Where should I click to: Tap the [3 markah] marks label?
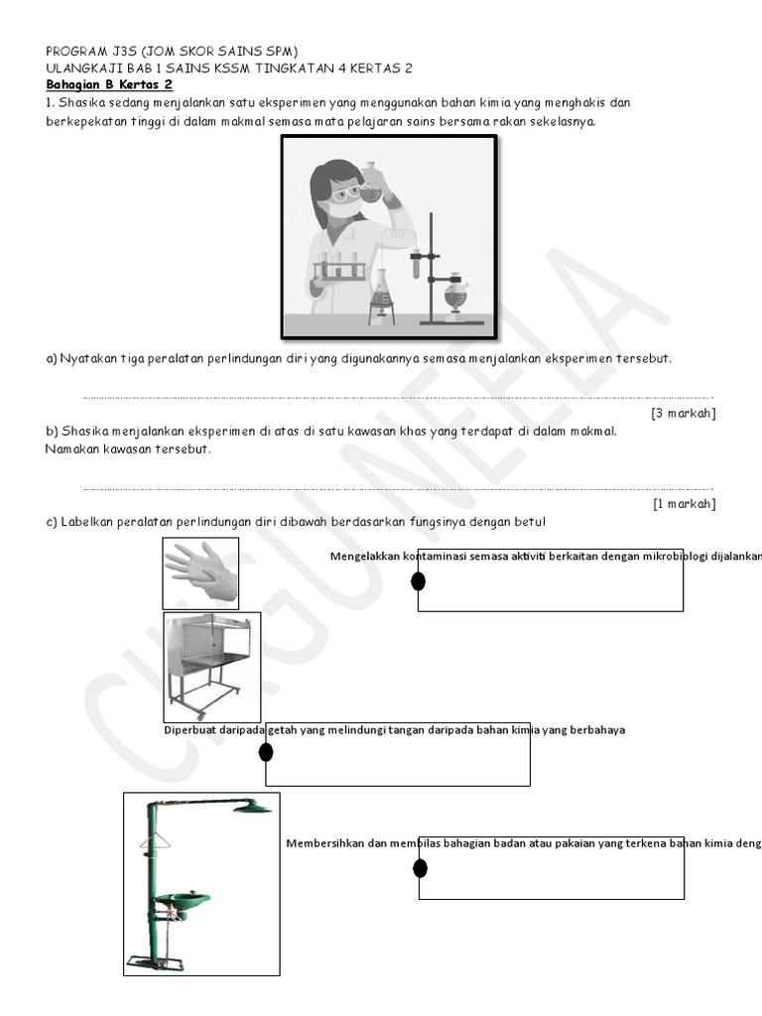(x=683, y=413)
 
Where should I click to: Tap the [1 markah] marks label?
(x=684, y=503)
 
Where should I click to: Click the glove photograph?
(x=200, y=573)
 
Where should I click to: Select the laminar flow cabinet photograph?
(x=211, y=666)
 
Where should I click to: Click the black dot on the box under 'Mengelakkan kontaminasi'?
(x=419, y=581)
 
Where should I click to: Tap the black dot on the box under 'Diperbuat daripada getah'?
(x=266, y=752)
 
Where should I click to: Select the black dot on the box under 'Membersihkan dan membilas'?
(x=420, y=869)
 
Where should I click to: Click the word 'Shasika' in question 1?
(x=82, y=103)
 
